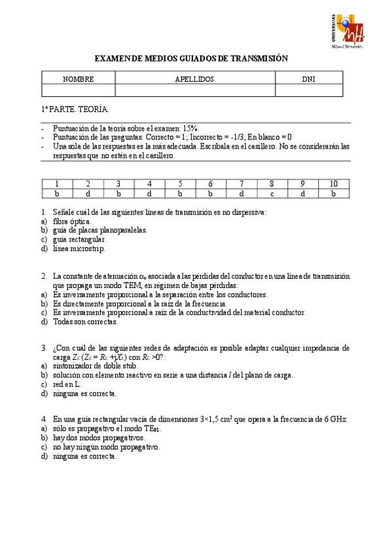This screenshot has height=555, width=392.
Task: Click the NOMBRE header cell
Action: point(79,79)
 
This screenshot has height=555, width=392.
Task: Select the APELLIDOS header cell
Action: point(194,79)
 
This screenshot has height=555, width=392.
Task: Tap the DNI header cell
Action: point(308,79)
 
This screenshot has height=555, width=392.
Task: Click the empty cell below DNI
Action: point(308,90)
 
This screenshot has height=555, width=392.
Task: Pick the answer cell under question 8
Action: point(271,193)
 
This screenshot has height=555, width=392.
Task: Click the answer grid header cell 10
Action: point(333,183)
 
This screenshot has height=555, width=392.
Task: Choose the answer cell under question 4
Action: point(149,193)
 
